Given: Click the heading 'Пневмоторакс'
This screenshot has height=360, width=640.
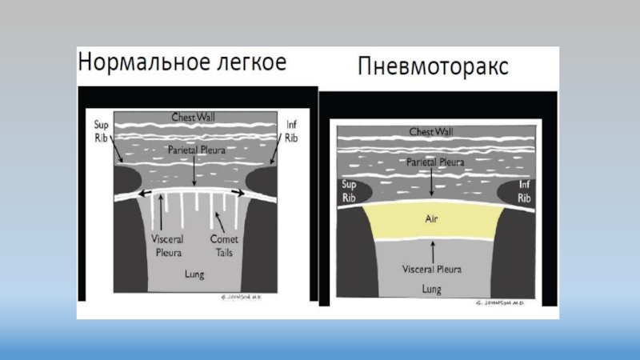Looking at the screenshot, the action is [431, 70].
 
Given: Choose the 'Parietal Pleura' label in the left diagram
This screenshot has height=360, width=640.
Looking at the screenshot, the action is [194, 150].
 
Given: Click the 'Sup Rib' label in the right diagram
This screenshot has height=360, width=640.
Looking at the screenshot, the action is [345, 189].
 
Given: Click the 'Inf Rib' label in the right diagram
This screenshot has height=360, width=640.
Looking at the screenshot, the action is [524, 189].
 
